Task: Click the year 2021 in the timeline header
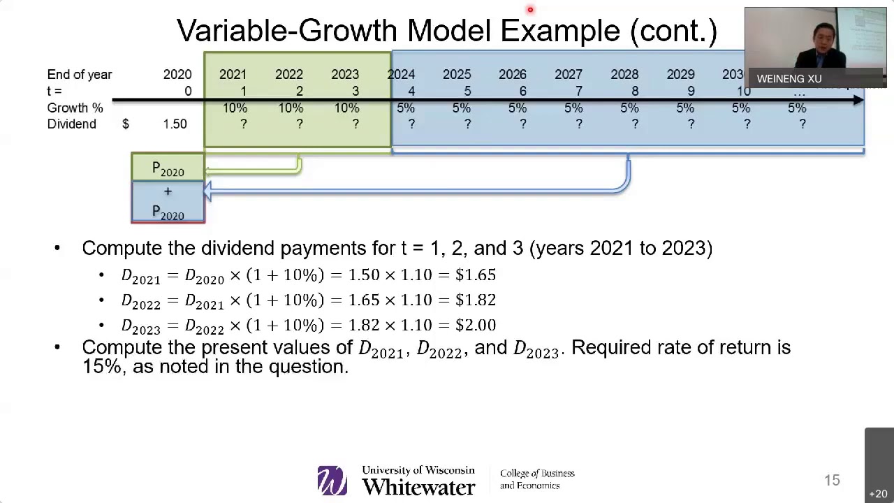click(233, 74)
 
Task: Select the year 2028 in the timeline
click(624, 74)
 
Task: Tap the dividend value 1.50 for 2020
click(175, 124)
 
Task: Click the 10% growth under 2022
click(291, 108)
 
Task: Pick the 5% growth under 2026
click(517, 108)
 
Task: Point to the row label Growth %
click(75, 108)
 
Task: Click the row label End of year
click(79, 74)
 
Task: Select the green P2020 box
click(168, 168)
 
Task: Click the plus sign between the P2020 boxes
click(168, 191)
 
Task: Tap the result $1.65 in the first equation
click(476, 275)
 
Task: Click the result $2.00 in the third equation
click(476, 325)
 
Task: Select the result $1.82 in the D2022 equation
click(476, 300)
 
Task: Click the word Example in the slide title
click(560, 31)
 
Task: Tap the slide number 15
click(831, 480)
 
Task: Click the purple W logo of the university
click(332, 480)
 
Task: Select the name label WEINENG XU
click(789, 79)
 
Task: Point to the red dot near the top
click(530, 10)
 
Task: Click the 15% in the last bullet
click(101, 366)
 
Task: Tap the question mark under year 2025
click(467, 124)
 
